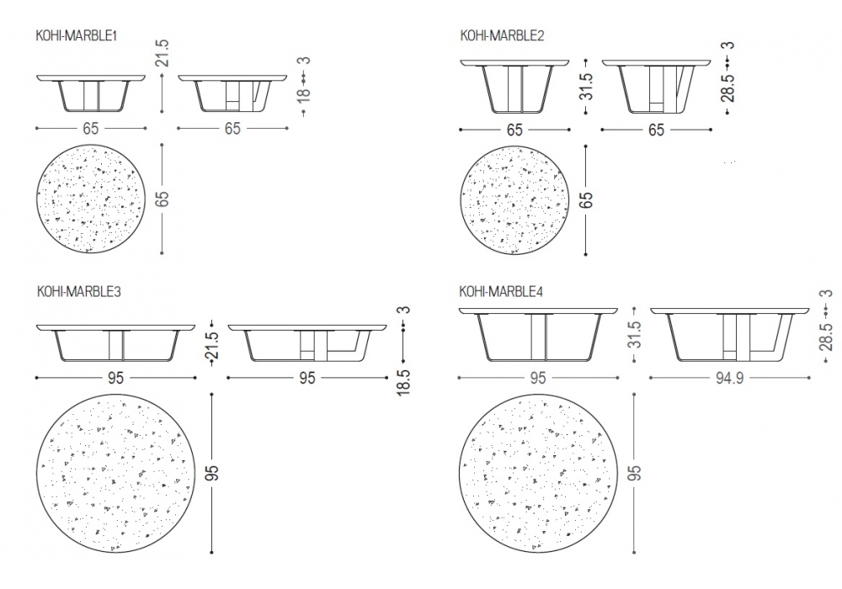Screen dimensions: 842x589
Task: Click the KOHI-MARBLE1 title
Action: click(x=77, y=35)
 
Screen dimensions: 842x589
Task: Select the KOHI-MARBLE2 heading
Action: click(x=502, y=35)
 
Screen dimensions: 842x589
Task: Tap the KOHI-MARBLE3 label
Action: click(x=79, y=291)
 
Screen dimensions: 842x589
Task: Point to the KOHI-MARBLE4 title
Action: click(x=501, y=291)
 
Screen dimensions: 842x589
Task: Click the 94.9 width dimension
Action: click(x=729, y=378)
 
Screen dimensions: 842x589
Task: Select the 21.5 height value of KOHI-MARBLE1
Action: click(x=163, y=53)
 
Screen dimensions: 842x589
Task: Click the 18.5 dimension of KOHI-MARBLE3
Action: click(x=404, y=382)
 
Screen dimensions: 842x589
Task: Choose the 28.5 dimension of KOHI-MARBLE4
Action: click(x=827, y=337)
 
